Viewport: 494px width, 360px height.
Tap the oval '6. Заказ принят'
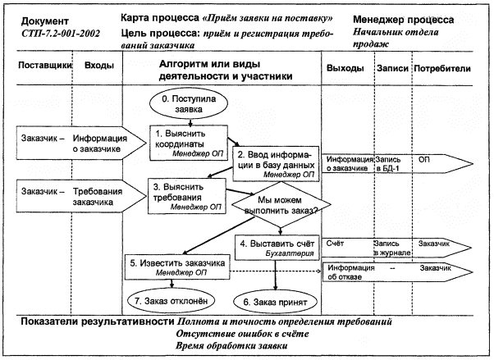tap(275, 302)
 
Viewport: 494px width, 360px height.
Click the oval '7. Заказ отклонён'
tap(172, 300)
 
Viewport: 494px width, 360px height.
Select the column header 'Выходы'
tap(345, 66)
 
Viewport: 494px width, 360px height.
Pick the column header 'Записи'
tap(392, 66)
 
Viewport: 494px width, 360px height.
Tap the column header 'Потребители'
tap(447, 66)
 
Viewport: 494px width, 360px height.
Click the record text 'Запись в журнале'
tap(392, 248)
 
